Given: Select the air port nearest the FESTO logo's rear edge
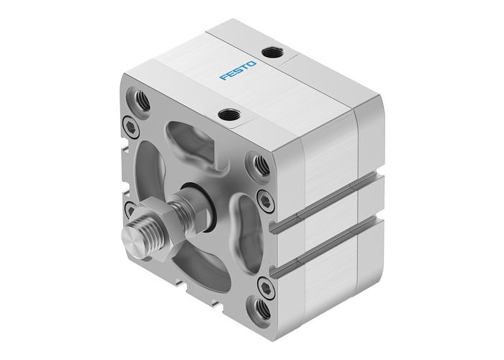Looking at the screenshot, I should pyautogui.click(x=272, y=52).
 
